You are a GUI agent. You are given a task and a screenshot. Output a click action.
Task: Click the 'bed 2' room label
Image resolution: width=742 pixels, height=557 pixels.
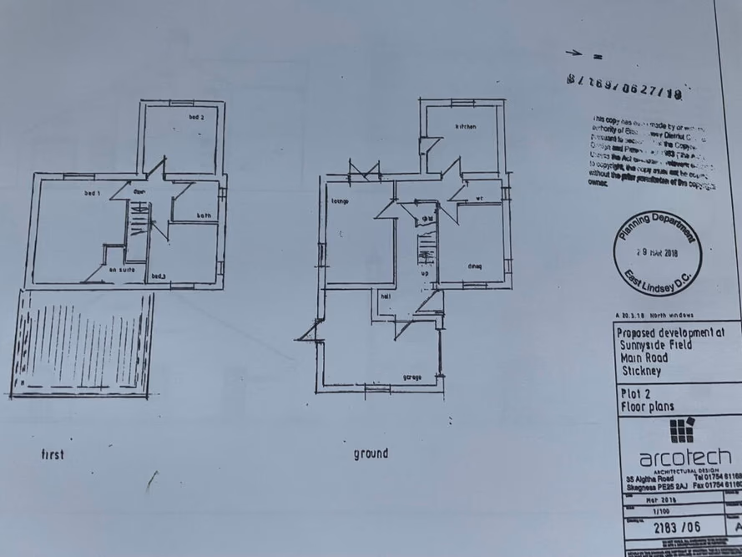point(196,118)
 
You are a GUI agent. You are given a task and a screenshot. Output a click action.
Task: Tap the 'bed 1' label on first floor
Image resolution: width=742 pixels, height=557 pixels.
point(92,194)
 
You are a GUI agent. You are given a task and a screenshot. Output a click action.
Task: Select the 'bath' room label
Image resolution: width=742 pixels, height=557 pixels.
point(204,215)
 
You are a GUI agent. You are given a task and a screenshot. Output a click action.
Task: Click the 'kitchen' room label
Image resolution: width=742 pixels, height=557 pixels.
point(464,126)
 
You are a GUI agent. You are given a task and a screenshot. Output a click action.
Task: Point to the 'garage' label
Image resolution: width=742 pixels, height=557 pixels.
point(411,377)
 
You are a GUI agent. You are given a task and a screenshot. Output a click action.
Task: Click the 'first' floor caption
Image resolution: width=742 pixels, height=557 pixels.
point(53,455)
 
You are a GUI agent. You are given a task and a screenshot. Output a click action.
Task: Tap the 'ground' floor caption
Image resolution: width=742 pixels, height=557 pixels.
point(371,453)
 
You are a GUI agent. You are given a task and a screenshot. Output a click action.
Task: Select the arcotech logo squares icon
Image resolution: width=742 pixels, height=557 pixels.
point(682,432)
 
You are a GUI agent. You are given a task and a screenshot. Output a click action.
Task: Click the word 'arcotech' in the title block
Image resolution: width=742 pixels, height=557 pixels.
point(684,458)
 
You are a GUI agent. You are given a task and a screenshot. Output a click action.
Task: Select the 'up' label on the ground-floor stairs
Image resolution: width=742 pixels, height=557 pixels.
point(425,273)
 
